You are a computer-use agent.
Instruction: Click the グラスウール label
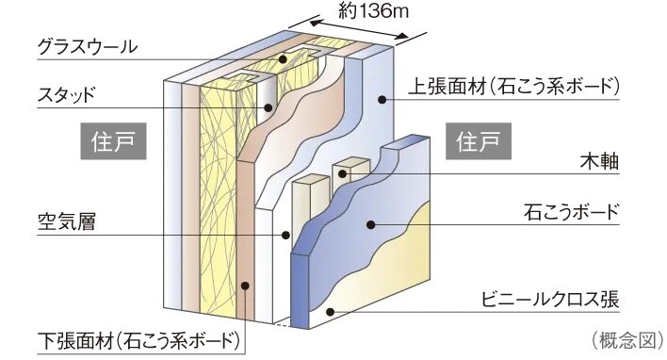click(87, 46)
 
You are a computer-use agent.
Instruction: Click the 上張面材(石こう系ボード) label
click(514, 87)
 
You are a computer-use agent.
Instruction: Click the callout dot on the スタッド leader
click(268, 107)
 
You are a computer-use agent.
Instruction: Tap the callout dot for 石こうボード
click(373, 223)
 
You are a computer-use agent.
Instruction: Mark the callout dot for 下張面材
click(245, 286)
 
